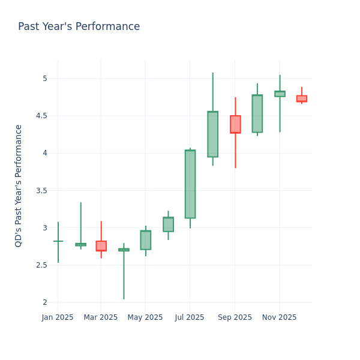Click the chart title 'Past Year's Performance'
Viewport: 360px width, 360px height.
pyautogui.click(x=79, y=27)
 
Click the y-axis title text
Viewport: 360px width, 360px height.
pyautogui.click(x=19, y=185)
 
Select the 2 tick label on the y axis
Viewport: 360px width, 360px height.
pyautogui.click(x=44, y=302)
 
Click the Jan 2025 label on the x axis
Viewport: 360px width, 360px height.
pyautogui.click(x=58, y=317)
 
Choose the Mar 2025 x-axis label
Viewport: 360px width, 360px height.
pyautogui.click(x=101, y=317)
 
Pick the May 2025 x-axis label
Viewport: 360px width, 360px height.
pyautogui.click(x=145, y=317)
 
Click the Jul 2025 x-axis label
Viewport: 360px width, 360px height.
pyautogui.click(x=190, y=317)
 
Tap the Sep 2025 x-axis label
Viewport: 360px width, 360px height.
pyautogui.click(x=235, y=317)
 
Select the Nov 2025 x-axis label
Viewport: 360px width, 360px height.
pyautogui.click(x=279, y=317)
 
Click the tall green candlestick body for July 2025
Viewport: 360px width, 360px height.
pyautogui.click(x=190, y=184)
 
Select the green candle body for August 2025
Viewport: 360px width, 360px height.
pyautogui.click(x=212, y=134)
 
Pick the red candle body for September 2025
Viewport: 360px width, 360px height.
pyautogui.click(x=235, y=124)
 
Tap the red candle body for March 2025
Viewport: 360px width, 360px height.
pyautogui.click(x=101, y=246)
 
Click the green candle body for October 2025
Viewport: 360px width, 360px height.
pyautogui.click(x=257, y=113)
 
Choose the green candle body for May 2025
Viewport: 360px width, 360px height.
pyautogui.click(x=146, y=240)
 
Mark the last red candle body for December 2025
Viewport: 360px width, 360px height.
pyautogui.click(x=302, y=98)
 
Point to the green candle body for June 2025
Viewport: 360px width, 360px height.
pyautogui.click(x=168, y=224)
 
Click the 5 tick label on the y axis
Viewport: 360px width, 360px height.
pyautogui.click(x=44, y=79)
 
